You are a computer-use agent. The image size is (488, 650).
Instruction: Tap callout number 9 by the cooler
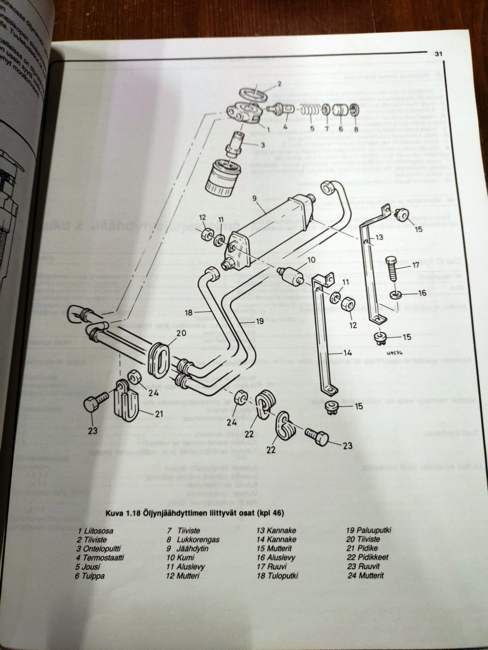(x=254, y=199)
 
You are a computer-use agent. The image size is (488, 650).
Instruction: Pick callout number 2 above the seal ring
(x=279, y=83)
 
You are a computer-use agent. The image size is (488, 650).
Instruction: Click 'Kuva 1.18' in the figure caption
(x=123, y=512)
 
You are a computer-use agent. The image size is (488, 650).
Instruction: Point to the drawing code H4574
(x=393, y=353)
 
